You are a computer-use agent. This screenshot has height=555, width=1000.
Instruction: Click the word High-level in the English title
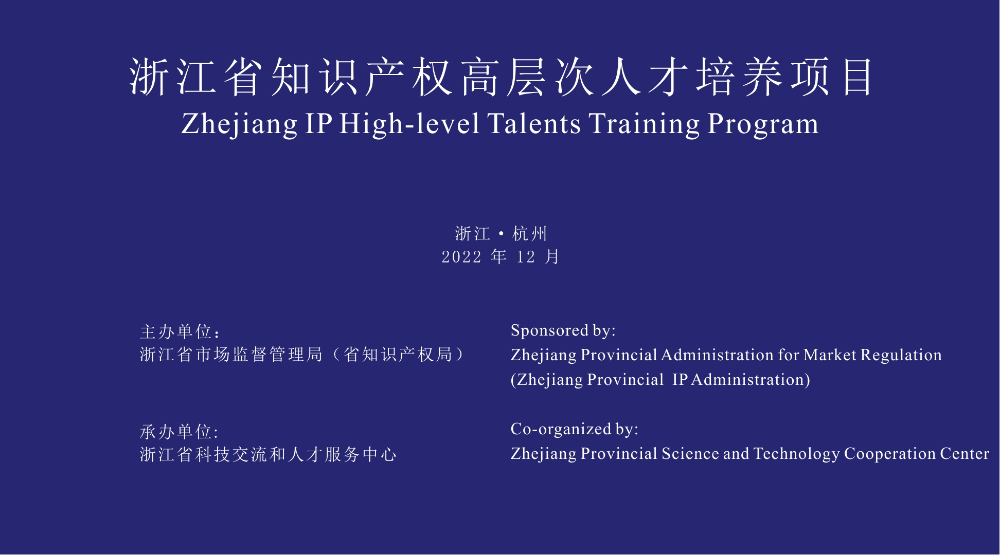point(409,124)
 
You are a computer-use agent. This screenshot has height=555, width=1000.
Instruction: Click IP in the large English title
point(318,124)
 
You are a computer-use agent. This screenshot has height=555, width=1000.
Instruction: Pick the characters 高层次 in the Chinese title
point(528,78)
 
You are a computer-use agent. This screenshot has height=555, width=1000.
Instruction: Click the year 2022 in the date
point(462,257)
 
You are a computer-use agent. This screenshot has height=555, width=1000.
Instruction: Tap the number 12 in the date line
point(526,257)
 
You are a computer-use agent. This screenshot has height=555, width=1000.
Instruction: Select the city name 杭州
point(529,234)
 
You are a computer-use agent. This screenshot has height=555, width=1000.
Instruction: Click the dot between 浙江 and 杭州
point(501,234)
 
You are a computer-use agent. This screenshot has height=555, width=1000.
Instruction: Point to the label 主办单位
point(176,331)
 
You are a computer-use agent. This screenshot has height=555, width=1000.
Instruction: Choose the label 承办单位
point(176,432)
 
